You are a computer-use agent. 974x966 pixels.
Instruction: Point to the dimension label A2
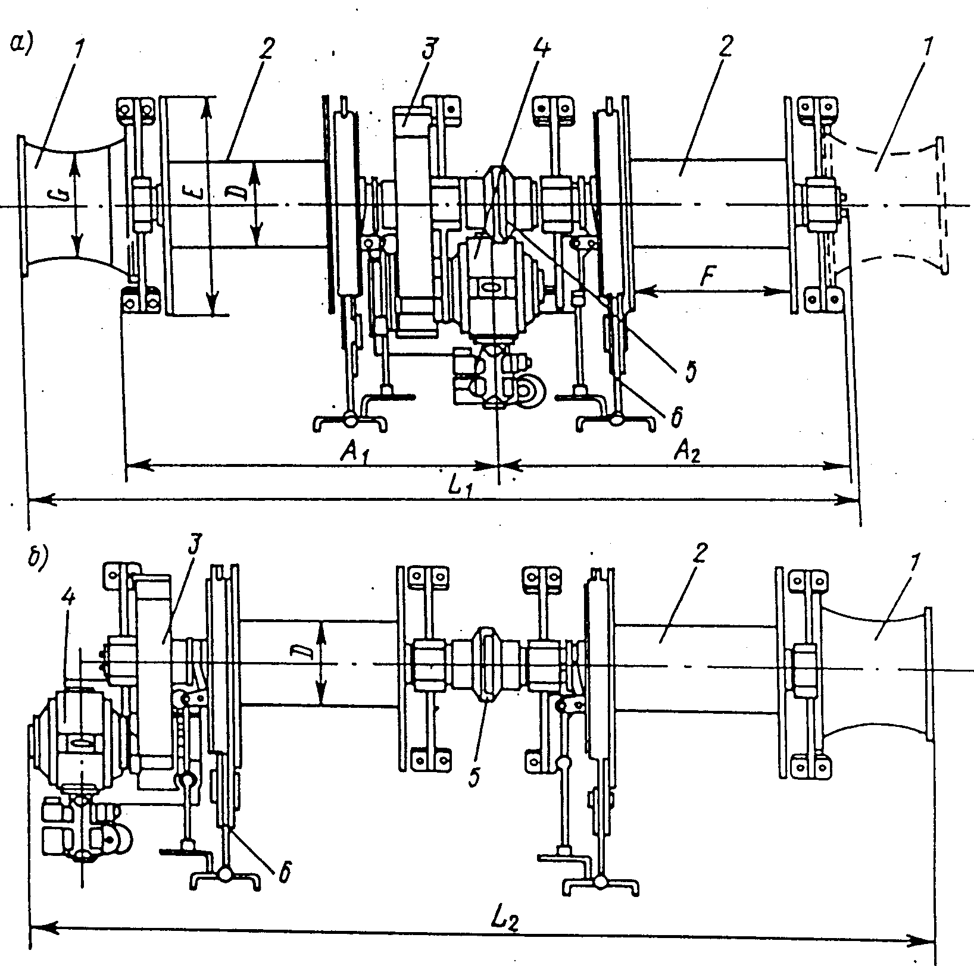click(x=686, y=454)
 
